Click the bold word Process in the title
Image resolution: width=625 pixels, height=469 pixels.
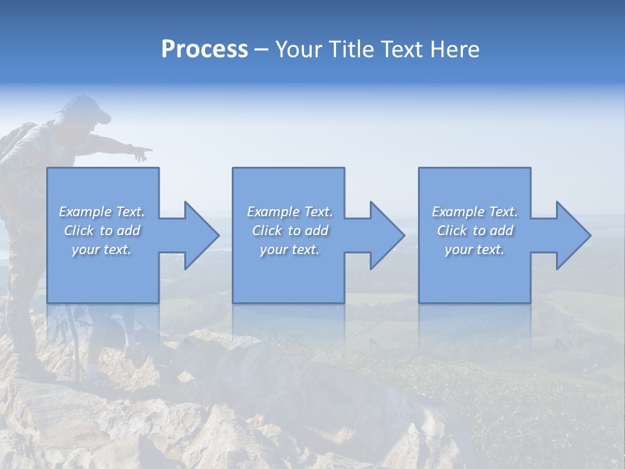tap(204, 50)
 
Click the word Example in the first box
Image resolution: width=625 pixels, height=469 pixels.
tap(85, 212)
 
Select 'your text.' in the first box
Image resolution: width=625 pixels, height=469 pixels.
tap(102, 249)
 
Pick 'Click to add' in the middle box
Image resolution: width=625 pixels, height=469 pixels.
tap(290, 231)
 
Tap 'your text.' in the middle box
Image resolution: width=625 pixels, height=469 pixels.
tap(290, 249)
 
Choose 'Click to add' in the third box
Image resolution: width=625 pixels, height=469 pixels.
tap(475, 231)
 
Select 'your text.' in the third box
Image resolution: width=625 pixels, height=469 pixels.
tap(475, 249)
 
